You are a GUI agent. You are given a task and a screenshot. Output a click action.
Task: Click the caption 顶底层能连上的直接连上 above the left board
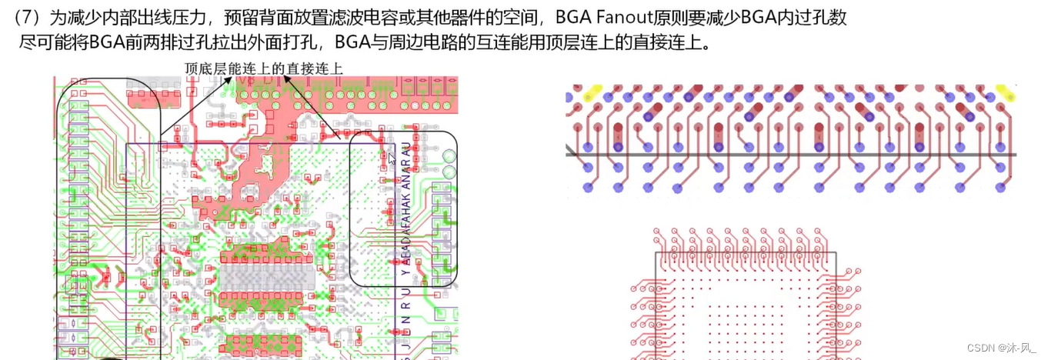coord(264,68)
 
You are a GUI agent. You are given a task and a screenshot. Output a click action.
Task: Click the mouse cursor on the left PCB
coord(392,158)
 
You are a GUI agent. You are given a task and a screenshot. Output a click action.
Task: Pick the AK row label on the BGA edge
coord(406,203)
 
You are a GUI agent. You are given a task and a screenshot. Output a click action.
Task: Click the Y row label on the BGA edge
coord(406,270)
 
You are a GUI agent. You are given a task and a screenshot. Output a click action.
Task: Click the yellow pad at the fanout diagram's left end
coord(593,94)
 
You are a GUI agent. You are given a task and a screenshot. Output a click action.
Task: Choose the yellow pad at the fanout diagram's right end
coord(1004,92)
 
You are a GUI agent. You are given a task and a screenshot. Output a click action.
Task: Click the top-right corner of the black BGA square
coord(834,252)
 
